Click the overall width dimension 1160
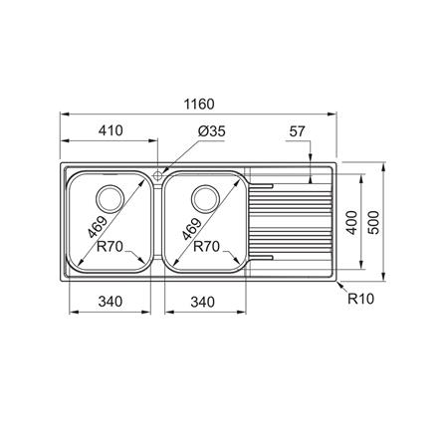[x=199, y=105]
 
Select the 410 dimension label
[x=111, y=130]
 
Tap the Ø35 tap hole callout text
[x=212, y=131]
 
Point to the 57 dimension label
[x=297, y=131]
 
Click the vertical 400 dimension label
[x=352, y=222]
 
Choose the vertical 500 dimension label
[x=373, y=222]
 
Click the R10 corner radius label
[x=360, y=299]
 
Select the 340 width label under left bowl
[x=111, y=302]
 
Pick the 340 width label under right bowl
[x=202, y=302]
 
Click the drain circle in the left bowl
[x=110, y=199]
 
